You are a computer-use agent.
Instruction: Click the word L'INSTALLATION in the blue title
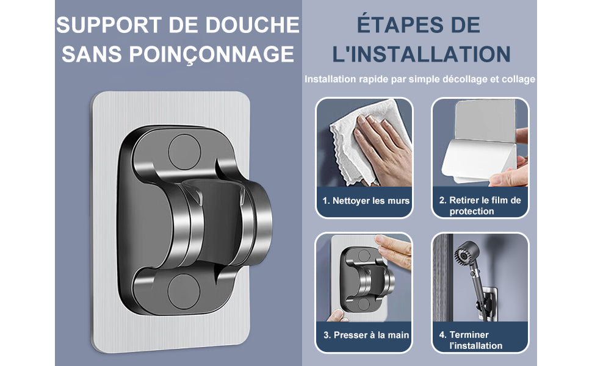pyautogui.click(x=421, y=54)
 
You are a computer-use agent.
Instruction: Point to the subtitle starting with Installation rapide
pyautogui.click(x=420, y=79)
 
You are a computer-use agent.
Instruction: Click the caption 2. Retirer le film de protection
pyautogui.click(x=480, y=206)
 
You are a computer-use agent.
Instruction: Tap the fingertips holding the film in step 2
pyautogui.click(x=510, y=177)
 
